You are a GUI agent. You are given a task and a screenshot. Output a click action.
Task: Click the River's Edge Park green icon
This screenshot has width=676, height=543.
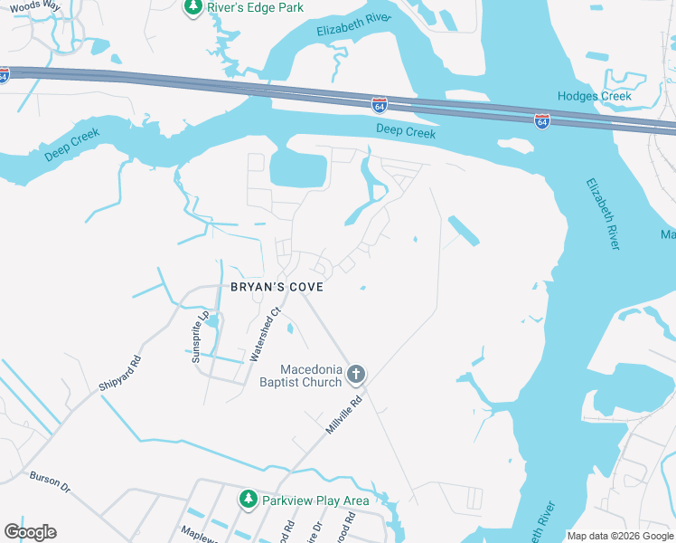pyautogui.click(x=192, y=7)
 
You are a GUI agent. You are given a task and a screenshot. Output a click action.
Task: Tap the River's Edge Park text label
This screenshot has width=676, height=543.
pyautogui.click(x=256, y=7)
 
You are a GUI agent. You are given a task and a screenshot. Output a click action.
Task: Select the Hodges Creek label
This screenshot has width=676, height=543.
pyautogui.click(x=594, y=96)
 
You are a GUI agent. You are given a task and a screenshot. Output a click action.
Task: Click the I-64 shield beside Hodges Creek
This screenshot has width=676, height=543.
pyautogui.click(x=541, y=120)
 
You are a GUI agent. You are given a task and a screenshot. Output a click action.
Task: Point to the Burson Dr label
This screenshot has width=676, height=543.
pyautogui.click(x=50, y=481)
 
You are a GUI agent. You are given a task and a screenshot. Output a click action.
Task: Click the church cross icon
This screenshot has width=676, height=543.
pyautogui.click(x=356, y=374)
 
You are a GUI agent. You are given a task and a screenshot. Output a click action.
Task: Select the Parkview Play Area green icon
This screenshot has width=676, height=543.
pyautogui.click(x=248, y=499)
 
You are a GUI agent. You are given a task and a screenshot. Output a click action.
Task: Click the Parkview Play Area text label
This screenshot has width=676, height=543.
pyautogui.click(x=315, y=500)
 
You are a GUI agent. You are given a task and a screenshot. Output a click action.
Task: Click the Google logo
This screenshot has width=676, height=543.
pyautogui.click(x=30, y=531)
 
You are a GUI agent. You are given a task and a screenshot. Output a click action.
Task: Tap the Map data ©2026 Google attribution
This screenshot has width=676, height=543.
pyautogui.click(x=621, y=535)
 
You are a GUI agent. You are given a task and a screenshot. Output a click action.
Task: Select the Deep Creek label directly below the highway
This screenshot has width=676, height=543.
pyautogui.click(x=406, y=132)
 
